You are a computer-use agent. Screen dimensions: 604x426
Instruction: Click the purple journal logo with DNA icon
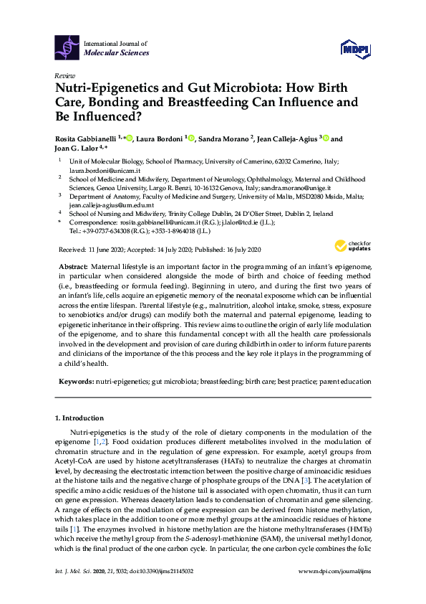67,47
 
